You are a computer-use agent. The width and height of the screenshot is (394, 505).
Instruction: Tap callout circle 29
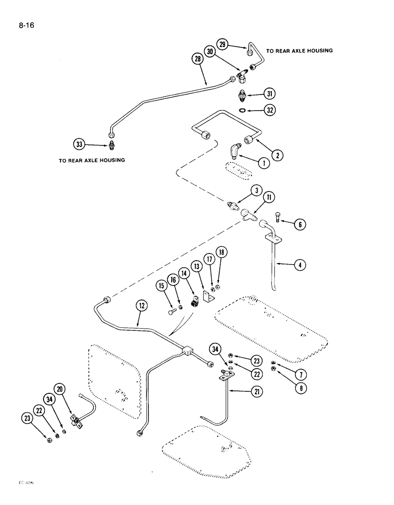tap(222, 44)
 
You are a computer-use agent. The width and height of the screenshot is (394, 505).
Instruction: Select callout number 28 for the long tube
tap(196, 59)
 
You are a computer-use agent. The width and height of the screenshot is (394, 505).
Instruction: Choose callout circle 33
tap(80, 144)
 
